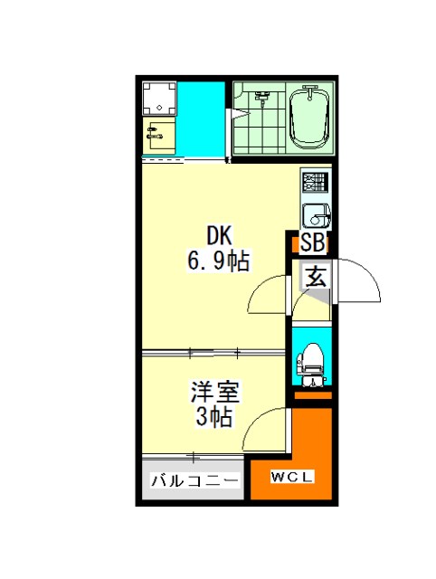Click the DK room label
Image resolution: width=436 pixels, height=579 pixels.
[219, 235]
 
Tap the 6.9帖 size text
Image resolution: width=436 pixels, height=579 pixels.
[219, 261]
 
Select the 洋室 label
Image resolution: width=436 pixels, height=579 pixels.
[215, 392]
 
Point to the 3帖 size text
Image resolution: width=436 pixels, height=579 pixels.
[214, 416]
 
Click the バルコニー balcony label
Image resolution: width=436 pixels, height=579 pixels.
[194, 480]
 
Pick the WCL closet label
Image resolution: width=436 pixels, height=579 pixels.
[292, 477]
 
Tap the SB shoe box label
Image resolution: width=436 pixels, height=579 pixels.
[313, 243]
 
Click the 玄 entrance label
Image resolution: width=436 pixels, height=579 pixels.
[316, 277]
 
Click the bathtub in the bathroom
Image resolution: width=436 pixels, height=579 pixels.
[309, 118]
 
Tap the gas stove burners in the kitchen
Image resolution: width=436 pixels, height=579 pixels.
[316, 182]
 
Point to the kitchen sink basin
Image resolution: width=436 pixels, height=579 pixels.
[317, 216]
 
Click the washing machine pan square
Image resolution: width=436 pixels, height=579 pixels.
[159, 99]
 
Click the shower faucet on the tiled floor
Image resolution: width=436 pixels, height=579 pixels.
[262, 98]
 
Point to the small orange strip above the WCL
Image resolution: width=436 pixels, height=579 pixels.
[313, 395]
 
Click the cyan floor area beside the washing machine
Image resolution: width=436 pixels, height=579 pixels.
[201, 120]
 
